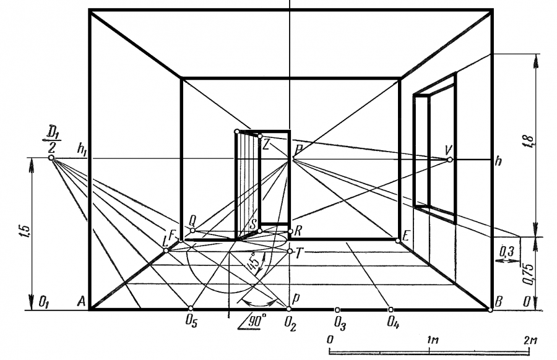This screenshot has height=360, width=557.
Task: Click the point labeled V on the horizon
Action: pyautogui.click(x=449, y=160)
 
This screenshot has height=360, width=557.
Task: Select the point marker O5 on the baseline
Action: pyautogui.click(x=191, y=308)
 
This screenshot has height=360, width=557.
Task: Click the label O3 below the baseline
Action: pyautogui.click(x=340, y=322)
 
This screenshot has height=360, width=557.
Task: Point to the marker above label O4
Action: pyautogui.click(x=391, y=309)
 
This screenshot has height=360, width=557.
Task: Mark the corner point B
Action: pyautogui.click(x=490, y=309)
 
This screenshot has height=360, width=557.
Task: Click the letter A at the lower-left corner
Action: pyautogui.click(x=80, y=302)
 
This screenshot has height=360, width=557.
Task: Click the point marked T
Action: pyautogui.click(x=290, y=251)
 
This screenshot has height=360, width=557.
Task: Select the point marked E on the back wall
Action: pyautogui.click(x=398, y=241)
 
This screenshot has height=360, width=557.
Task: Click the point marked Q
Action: pyautogui.click(x=192, y=230)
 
